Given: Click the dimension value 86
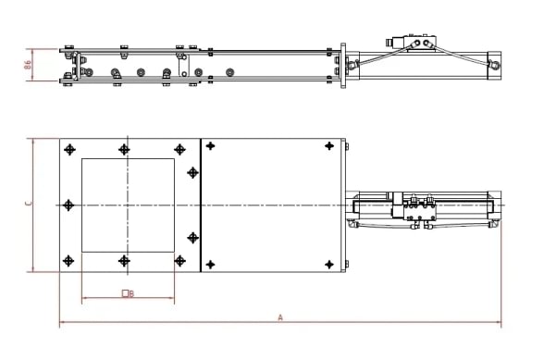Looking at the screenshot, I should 28,65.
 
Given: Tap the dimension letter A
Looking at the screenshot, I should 280,317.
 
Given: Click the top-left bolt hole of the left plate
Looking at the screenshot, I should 68,149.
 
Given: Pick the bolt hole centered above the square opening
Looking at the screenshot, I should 125,149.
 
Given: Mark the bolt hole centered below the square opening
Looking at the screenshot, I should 125,261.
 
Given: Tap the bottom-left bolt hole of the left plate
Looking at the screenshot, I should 68,261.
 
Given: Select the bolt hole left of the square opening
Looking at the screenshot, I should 68,205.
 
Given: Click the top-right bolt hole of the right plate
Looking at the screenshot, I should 328,146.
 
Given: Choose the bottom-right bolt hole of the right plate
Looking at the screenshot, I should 328,265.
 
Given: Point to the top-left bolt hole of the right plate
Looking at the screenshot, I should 212,146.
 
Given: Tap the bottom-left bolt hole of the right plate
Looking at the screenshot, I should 212,265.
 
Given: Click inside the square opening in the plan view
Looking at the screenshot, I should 128,205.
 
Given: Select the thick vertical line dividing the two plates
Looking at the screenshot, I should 201,205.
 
